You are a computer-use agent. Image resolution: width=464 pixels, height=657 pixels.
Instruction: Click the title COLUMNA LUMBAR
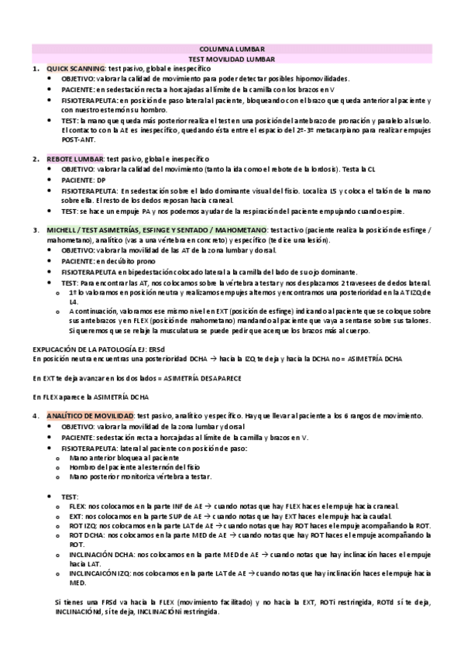tap(232, 49)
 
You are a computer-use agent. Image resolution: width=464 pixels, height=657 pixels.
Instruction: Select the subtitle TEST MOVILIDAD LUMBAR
tap(232, 59)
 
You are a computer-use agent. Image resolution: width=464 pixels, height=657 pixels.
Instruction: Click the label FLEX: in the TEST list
tap(78, 506)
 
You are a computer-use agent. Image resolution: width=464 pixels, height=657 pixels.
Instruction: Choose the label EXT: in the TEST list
tap(77, 515)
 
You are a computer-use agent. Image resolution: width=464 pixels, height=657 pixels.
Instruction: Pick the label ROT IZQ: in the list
tap(84, 525)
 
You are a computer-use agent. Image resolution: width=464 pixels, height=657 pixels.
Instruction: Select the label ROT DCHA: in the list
tap(88, 535)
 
